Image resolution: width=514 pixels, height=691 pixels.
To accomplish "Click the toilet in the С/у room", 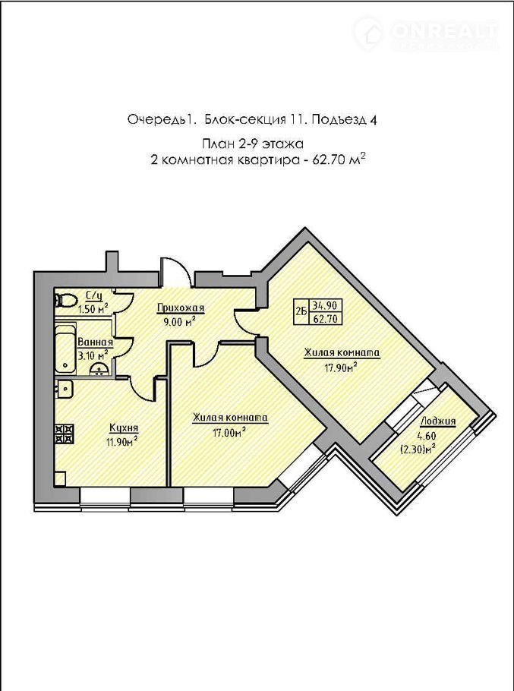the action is point(65,301).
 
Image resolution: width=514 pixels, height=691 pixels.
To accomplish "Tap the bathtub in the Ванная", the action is point(65,348).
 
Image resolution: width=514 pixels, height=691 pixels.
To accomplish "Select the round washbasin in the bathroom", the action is point(100,369).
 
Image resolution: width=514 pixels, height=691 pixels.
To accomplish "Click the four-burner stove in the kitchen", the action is point(64,433).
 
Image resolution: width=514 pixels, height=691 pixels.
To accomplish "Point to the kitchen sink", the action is point(64,389).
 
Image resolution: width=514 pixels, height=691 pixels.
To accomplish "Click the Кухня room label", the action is point(124,428).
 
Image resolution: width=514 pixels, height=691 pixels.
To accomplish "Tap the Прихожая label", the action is point(181,308).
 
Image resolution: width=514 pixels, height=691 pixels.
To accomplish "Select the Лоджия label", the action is point(438,421).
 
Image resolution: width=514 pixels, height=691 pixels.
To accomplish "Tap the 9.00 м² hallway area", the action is point(179,321).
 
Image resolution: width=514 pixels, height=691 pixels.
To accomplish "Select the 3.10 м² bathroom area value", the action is point(93,354).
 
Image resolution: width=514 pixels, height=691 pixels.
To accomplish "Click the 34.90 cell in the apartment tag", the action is point(326,305).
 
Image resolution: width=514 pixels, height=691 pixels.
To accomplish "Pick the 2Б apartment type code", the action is point(301,312).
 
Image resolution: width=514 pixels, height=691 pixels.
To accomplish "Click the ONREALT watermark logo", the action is point(425,33).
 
